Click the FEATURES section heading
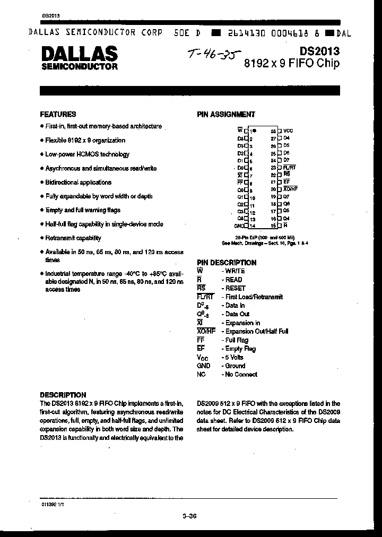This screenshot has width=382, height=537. click(x=58, y=114)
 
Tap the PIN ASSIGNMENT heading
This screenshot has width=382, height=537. click(x=226, y=114)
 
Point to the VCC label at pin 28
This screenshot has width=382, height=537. click(x=288, y=131)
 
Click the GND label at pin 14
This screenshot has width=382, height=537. click(x=238, y=226)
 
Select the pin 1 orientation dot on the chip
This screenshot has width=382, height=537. click(x=254, y=131)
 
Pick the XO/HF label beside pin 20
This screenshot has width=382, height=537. click(x=290, y=189)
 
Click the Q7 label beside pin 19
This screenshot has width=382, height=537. click(x=286, y=196)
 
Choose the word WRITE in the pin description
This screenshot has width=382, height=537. click(x=236, y=271)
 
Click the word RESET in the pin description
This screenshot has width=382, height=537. click(x=236, y=288)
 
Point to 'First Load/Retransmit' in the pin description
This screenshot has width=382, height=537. click(x=254, y=297)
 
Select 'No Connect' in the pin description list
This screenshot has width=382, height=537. click(x=241, y=374)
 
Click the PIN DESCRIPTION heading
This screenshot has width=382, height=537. click(x=227, y=263)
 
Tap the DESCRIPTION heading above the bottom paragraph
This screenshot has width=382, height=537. click(x=63, y=395)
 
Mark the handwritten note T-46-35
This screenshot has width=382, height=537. click(x=214, y=54)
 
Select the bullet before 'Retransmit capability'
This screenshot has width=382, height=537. click(x=41, y=238)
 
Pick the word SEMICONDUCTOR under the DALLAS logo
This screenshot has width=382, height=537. click(x=79, y=67)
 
